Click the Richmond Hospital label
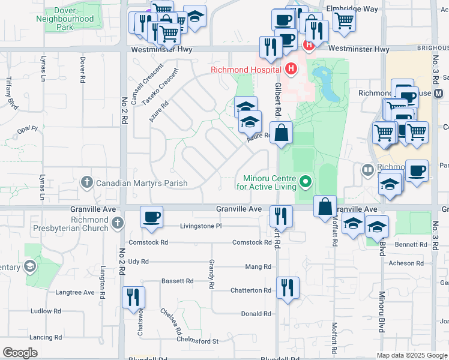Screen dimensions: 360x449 click(247, 69)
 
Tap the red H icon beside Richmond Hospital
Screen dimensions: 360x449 click(291, 69)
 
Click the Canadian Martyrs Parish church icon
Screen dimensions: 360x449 click(87, 183)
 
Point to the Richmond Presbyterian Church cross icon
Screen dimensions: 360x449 click(118, 223)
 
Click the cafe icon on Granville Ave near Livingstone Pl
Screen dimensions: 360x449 click(152, 216)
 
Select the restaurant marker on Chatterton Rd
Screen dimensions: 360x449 click(288, 287)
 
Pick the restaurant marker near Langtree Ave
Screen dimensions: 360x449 click(133, 296)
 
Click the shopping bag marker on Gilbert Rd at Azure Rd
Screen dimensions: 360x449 click(281, 132)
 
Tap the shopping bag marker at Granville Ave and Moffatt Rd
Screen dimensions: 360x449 click(325, 206)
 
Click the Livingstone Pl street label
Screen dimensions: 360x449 click(201, 226)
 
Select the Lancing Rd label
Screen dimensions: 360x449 click(46, 338)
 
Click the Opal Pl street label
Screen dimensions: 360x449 click(27, 129)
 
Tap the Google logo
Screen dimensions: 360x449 click(20, 353)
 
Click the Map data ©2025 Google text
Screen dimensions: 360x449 click(411, 355)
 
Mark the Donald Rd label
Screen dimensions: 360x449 click(256, 314)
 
